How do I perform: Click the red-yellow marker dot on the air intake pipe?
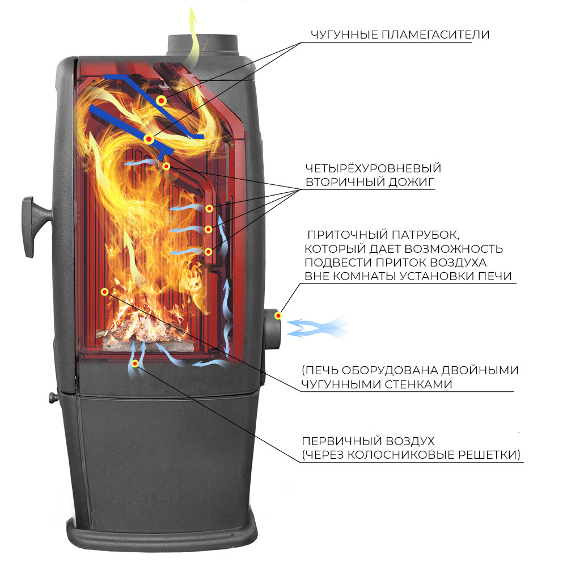[x=278, y=316]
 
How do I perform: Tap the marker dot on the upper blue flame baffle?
[x=161, y=100]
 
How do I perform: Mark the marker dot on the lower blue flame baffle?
[x=149, y=139]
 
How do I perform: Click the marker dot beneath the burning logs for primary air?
[x=135, y=363]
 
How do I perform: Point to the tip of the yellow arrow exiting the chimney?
[x=192, y=8]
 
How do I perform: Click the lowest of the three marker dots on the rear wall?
[x=208, y=251]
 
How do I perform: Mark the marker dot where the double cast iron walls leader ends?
[x=104, y=292]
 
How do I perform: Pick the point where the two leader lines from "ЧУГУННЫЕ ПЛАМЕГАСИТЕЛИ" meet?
[x=301, y=43]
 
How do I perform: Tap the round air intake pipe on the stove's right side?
[x=272, y=329]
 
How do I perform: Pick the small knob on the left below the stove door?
[x=53, y=397]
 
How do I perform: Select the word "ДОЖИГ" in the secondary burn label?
[x=411, y=182]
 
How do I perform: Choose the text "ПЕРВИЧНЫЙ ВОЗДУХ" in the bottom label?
[x=368, y=441]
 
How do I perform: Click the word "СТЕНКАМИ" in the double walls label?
[x=418, y=384]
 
